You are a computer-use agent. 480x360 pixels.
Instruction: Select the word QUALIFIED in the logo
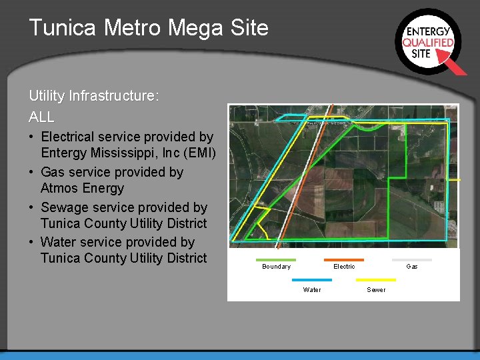tap(428, 42)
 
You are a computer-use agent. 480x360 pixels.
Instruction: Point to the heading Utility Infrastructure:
tap(94, 96)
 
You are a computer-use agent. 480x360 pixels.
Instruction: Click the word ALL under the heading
tap(41, 117)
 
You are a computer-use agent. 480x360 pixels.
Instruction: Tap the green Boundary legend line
tap(275, 260)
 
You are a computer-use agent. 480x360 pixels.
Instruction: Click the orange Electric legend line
tap(344, 260)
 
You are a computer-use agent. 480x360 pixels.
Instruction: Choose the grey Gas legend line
tap(411, 260)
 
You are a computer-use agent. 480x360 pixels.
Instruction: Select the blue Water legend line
tap(311, 280)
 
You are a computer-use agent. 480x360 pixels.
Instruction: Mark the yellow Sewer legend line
tap(376, 280)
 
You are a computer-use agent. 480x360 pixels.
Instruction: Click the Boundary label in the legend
tap(276, 267)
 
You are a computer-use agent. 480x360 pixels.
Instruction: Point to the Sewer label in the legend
tap(376, 290)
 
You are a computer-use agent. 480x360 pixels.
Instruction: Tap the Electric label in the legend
tap(344, 267)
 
